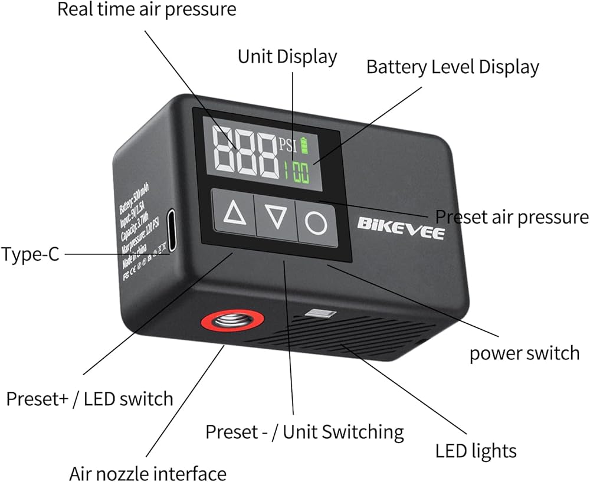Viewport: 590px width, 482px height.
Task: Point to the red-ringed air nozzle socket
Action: click(232, 322)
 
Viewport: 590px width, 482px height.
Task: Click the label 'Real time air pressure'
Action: click(146, 9)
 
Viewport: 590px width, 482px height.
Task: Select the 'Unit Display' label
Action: click(287, 57)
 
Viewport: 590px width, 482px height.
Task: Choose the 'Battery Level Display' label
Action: click(453, 67)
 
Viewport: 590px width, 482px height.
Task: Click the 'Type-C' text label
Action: click(30, 255)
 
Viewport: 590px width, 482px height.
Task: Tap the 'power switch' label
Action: click(525, 353)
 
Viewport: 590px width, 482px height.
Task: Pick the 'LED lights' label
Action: click(476, 451)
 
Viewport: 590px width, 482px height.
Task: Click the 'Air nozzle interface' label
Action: click(147, 473)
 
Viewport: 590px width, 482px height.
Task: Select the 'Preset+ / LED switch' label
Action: click(90, 398)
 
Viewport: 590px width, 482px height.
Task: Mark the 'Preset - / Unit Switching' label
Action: click(304, 432)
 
